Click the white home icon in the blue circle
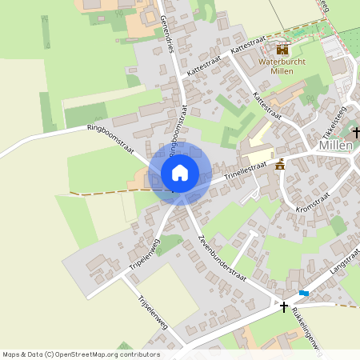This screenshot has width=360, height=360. pyautogui.click(x=179, y=173)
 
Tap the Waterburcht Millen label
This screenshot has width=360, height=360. pyautogui.click(x=282, y=66)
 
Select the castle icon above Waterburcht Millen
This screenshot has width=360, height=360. pyautogui.click(x=282, y=49)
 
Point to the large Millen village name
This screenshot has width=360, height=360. pyautogui.click(x=335, y=146)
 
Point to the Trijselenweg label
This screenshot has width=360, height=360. pyautogui.click(x=153, y=318)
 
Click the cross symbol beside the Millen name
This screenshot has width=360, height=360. pyautogui.click(x=356, y=132)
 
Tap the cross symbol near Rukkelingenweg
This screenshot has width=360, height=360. pyautogui.click(x=283, y=306)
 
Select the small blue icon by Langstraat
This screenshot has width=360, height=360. pyautogui.click(x=304, y=293)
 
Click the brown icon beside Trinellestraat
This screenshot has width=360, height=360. pyautogui.click(x=280, y=165)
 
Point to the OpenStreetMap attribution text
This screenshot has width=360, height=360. pyautogui.click(x=80, y=354)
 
